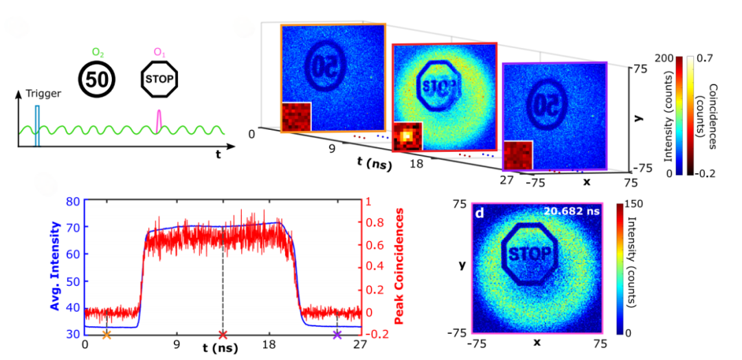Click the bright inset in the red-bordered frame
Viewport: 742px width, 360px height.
408,136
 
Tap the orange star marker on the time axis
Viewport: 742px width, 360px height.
106,335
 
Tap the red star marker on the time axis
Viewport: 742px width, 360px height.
222,335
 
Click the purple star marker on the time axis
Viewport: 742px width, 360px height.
337,335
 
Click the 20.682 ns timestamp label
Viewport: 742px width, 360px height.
572,212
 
